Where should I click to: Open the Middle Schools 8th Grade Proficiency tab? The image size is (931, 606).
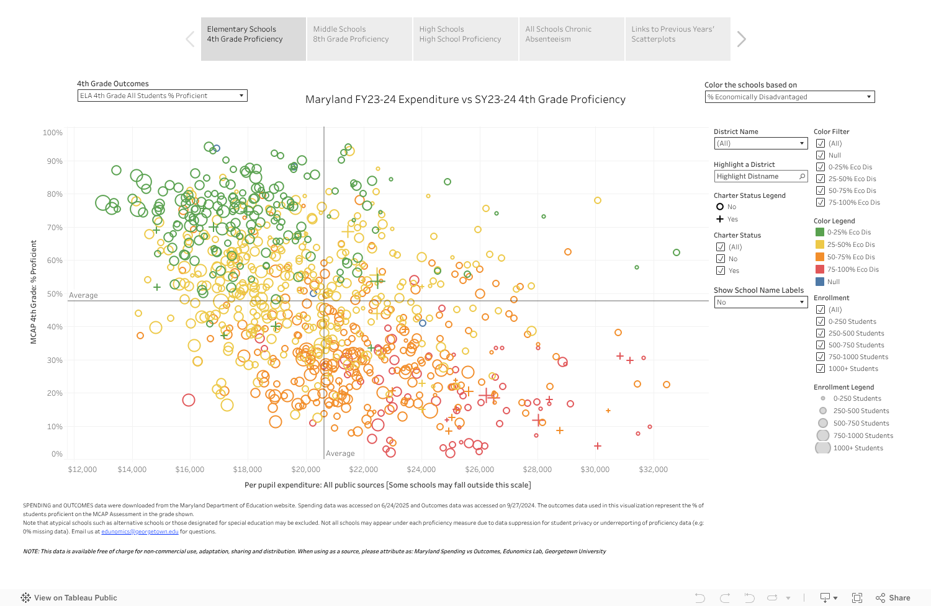359,38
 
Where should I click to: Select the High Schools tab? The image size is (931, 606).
465,38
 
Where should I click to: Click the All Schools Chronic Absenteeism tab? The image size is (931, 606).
571,38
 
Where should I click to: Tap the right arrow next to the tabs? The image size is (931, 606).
741,39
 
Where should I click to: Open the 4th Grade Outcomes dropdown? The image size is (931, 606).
162,96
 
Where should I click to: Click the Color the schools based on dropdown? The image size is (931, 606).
789,97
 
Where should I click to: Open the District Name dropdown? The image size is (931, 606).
760,143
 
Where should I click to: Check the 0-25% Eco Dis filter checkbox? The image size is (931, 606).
821,167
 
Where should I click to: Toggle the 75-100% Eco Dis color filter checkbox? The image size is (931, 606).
821,202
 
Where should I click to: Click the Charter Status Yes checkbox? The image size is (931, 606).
721,270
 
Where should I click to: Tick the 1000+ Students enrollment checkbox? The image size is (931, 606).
821,368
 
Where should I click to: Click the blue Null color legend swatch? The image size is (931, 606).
820,282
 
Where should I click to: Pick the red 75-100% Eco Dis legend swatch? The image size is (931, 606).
820,269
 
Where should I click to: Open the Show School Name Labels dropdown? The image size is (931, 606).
760,302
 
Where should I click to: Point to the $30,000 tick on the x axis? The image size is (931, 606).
595,470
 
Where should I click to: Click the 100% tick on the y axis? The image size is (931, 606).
53,133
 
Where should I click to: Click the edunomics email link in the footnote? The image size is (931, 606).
140,532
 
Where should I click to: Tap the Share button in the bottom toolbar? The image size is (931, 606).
893,598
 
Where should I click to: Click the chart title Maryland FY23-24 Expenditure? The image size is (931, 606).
465,99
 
